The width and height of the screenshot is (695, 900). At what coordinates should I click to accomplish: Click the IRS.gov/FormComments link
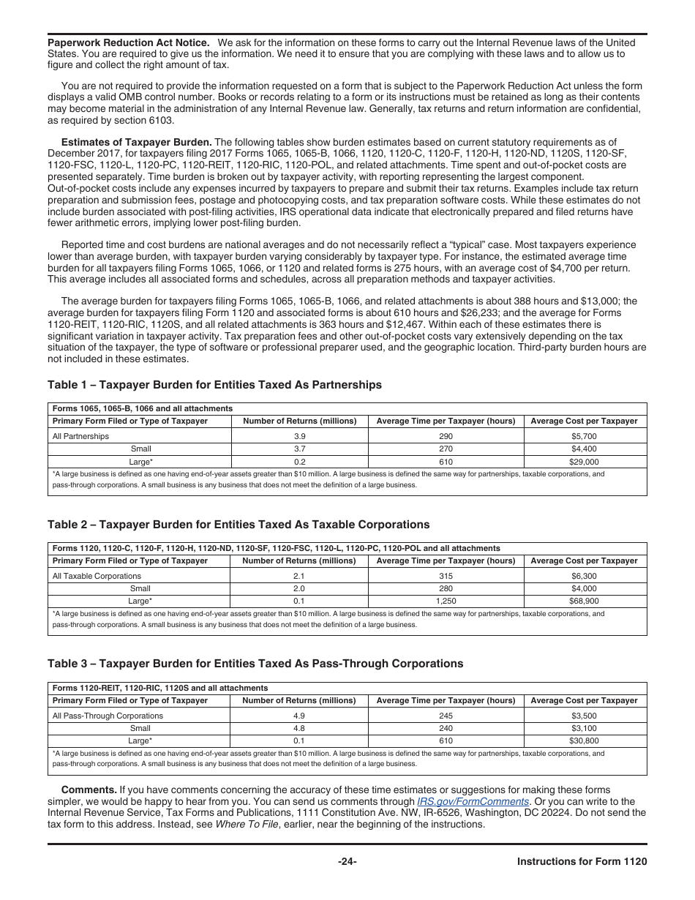pyautogui.click(x=473, y=801)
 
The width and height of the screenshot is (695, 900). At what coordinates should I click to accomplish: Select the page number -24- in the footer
pyautogui.click(x=347, y=861)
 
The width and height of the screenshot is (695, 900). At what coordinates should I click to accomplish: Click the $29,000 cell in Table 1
pyautogui.click(x=584, y=462)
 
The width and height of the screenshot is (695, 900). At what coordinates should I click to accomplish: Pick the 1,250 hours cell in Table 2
pyautogui.click(x=446, y=601)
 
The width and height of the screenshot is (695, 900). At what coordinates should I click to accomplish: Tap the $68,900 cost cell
pyautogui.click(x=584, y=601)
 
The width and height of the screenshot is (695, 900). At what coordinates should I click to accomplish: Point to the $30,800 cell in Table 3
pyautogui.click(x=584, y=741)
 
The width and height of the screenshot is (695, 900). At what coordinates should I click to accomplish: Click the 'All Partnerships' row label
pyautogui.click(x=80, y=436)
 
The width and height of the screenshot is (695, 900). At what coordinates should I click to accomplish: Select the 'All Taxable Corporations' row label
pyautogui.click(x=97, y=576)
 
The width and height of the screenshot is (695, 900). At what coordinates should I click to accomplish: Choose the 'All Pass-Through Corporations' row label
pyautogui.click(x=108, y=716)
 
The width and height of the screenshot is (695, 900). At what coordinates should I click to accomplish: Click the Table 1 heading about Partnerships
pyautogui.click(x=214, y=385)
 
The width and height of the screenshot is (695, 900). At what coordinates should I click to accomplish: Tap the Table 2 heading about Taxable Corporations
pyautogui.click(x=238, y=525)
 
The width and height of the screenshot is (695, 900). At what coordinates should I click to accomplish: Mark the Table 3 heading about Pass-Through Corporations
pyautogui.click(x=255, y=664)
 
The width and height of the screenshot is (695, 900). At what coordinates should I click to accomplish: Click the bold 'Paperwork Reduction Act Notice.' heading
pyautogui.click(x=128, y=42)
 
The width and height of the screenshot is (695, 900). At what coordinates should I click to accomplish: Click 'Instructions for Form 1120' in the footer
pyautogui.click(x=582, y=861)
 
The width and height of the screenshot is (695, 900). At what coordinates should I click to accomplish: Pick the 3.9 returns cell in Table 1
pyautogui.click(x=299, y=436)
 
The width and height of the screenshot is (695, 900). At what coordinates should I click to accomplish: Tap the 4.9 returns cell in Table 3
pyautogui.click(x=298, y=716)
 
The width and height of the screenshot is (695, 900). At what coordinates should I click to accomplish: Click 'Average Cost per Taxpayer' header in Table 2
pyautogui.click(x=584, y=560)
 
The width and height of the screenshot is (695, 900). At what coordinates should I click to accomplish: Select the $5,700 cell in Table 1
pyautogui.click(x=584, y=436)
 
